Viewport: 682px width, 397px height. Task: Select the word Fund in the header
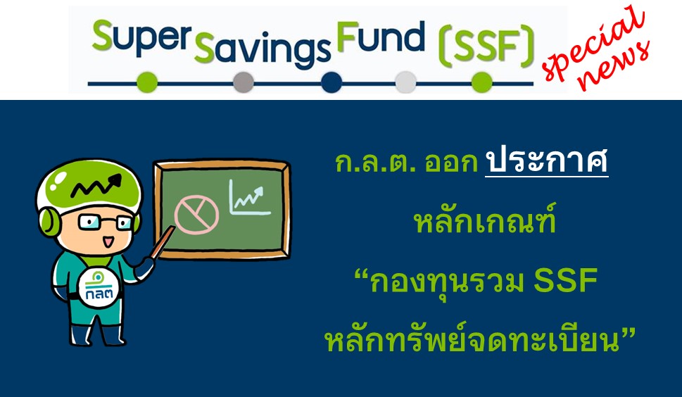pos(381,37)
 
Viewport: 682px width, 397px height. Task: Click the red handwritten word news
pos(614,66)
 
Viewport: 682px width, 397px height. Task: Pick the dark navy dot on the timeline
pos(331,82)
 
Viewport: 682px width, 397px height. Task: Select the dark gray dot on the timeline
pos(243,82)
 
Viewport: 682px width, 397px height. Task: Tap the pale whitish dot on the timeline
pos(406,82)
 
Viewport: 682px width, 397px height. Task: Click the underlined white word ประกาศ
pos(546,162)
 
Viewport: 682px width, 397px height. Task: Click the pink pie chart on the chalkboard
pos(196,215)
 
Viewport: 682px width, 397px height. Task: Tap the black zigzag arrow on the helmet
pos(96,186)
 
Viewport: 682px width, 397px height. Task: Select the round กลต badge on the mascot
pos(99,287)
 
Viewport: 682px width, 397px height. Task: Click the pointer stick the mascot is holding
pos(161,243)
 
